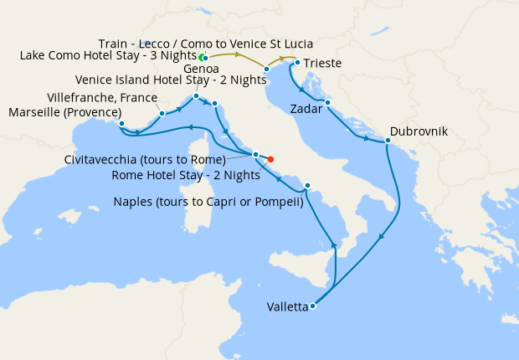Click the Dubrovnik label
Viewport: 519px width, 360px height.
point(419,132)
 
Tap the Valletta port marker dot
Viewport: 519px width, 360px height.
point(312,306)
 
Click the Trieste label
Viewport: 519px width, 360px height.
point(323,63)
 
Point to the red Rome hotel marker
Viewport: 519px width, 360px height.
point(270,159)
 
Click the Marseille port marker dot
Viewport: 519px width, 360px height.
point(122,124)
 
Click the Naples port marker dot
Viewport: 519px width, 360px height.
point(308,186)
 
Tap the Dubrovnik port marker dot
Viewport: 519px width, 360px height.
point(388,141)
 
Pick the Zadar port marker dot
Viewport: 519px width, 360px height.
point(327,103)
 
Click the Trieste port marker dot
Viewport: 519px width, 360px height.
point(297,62)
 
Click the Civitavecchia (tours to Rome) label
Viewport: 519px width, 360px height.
point(144,159)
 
